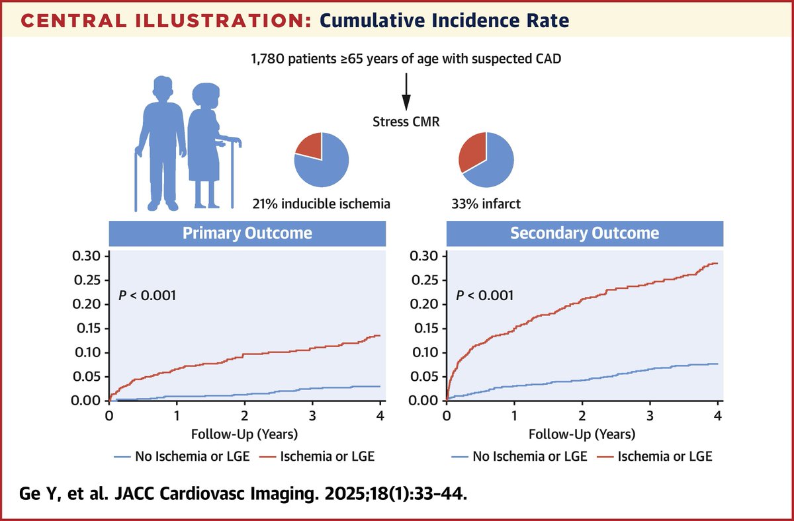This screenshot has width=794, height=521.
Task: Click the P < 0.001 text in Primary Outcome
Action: click(x=147, y=296)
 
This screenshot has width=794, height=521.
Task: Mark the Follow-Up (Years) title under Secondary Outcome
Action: click(x=583, y=434)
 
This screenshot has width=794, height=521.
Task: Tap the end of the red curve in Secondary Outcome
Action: click(x=717, y=263)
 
